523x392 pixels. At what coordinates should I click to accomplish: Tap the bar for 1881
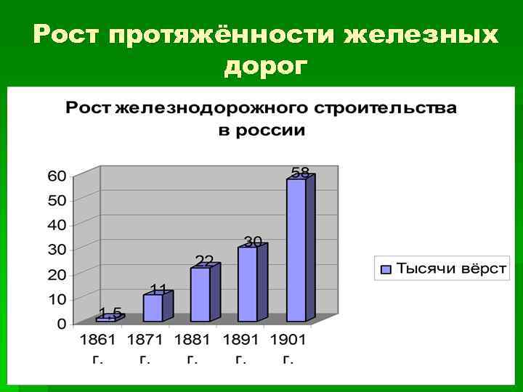200,293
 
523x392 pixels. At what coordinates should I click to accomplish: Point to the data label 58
300,173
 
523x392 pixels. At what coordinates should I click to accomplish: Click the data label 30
253,241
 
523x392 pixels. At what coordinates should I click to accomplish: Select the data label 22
205,260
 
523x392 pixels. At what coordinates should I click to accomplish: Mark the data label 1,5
110,313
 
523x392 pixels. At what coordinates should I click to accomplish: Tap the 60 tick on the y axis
57,176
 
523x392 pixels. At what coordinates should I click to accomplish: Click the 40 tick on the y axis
57,225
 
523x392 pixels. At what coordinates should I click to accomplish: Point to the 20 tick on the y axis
57,274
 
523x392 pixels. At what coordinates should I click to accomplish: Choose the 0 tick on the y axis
62,324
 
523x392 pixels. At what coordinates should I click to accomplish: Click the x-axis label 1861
98,340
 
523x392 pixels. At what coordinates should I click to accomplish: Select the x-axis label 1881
192,340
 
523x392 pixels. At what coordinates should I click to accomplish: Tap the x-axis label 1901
288,340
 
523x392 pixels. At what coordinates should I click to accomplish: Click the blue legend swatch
386,269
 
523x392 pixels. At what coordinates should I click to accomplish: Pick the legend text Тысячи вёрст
450,269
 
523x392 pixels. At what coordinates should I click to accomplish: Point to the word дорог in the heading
266,66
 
